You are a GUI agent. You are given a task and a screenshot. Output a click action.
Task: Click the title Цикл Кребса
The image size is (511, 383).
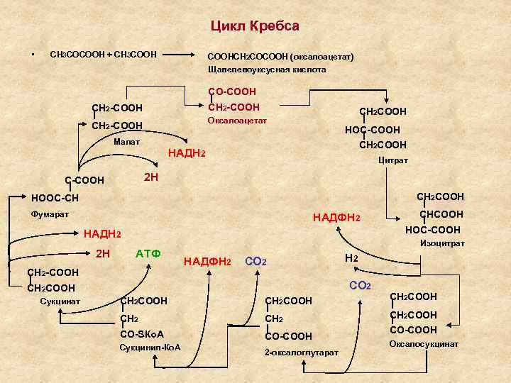255,26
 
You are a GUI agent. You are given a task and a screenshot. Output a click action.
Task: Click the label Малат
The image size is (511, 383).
126,143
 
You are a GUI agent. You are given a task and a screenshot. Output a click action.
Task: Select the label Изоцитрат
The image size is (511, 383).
442,243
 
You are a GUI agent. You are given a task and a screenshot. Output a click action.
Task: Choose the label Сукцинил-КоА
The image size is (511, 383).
150,348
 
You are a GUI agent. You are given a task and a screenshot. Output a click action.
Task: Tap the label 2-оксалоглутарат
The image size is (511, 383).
301,352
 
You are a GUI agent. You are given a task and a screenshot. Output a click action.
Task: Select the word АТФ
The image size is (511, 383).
148,254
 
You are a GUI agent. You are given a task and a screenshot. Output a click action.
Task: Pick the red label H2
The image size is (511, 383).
351,259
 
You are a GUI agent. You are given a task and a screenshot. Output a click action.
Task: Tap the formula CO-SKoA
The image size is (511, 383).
143,334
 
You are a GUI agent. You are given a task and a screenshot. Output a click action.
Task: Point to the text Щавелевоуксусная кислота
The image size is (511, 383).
266,70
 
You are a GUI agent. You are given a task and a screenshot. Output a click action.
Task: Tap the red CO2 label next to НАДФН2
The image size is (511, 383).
255,262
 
